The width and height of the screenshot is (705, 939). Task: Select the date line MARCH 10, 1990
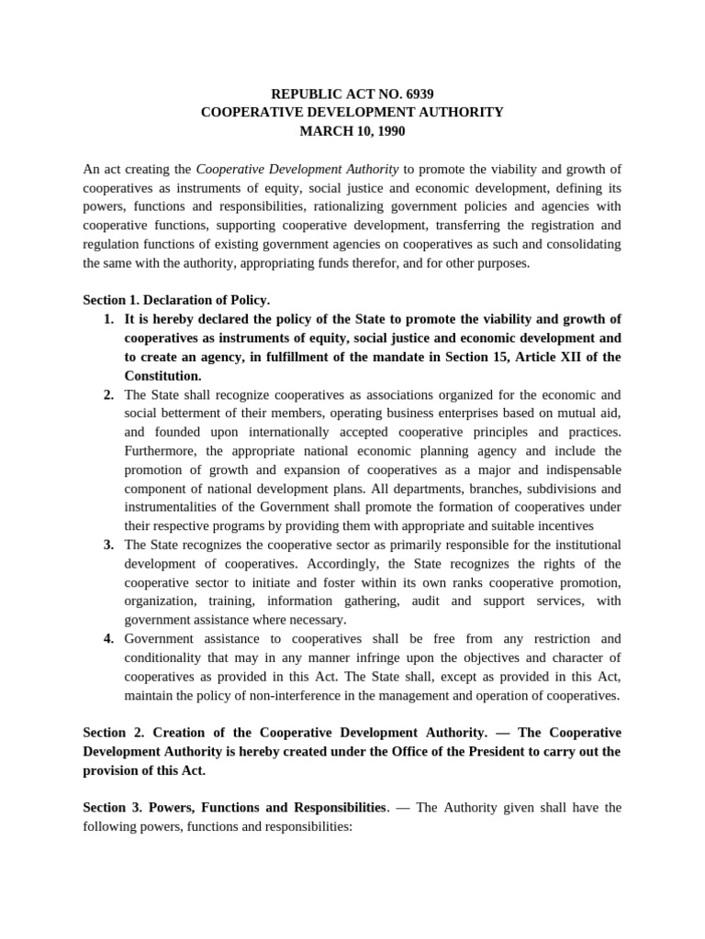point(352,131)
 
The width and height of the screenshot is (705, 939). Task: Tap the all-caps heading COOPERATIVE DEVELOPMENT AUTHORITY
point(352,112)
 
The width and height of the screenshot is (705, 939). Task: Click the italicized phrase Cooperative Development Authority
point(297,169)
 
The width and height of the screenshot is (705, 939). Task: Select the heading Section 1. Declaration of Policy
point(176,300)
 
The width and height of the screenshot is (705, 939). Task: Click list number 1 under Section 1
point(108,319)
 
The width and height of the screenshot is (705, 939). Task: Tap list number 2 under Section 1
point(108,394)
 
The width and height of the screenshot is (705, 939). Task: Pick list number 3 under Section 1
point(108,545)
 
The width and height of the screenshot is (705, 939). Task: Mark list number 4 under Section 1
point(108,638)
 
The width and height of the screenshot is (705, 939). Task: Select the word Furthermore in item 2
point(162,451)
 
